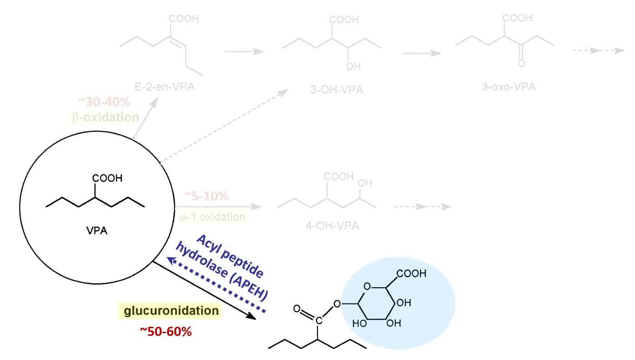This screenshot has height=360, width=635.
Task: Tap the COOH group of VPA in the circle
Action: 108,178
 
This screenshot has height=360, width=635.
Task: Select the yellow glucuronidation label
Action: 169,311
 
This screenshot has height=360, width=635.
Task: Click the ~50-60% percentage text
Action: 166,331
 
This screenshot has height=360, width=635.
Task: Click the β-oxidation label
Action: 105,117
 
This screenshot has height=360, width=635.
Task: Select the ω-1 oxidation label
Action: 212,217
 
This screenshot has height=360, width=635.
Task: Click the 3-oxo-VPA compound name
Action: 509,86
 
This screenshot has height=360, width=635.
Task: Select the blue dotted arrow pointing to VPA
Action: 216,284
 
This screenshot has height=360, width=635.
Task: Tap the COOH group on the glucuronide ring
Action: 412,274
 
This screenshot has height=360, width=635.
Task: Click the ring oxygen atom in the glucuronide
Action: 368,286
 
